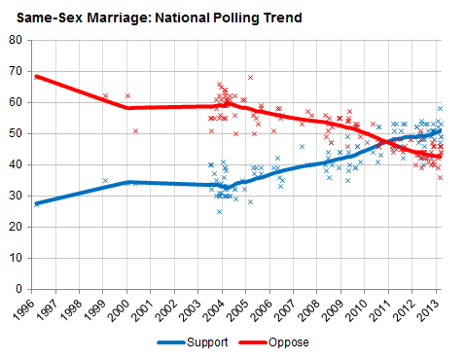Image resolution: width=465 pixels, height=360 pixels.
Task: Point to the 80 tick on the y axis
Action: [14, 40]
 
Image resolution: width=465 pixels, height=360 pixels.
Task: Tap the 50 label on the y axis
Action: [14, 133]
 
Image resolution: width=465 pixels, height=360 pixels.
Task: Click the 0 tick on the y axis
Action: [17, 289]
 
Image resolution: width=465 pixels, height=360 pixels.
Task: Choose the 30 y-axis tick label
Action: [14, 196]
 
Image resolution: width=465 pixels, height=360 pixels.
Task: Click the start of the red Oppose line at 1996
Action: [35, 76]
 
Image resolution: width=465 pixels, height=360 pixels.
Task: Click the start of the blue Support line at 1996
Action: [35, 203]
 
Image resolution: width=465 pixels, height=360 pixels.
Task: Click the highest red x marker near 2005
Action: [250, 77]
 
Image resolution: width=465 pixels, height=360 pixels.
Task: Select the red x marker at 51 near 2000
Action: [136, 130]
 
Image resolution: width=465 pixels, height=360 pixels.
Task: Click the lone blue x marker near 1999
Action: [105, 180]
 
